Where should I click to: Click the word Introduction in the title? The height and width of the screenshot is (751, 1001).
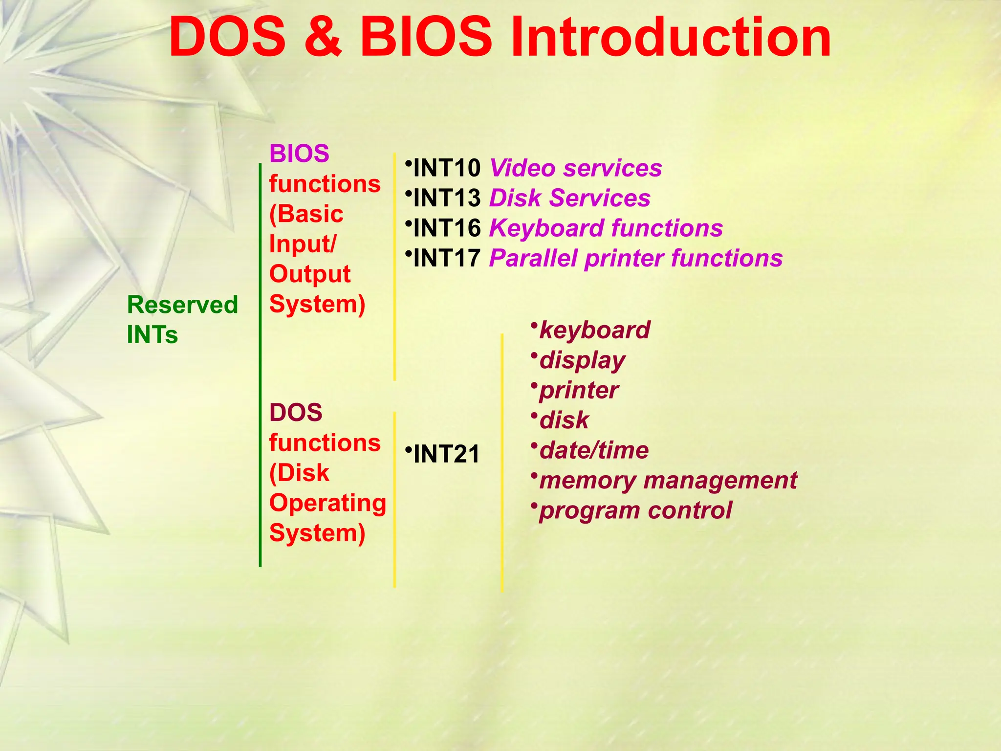click(x=670, y=38)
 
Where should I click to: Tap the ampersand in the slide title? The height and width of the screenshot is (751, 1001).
click(x=323, y=38)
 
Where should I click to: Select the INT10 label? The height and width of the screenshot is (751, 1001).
click(x=447, y=168)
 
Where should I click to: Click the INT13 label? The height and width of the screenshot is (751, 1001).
click(x=447, y=199)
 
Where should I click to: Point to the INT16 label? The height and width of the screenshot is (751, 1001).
click(x=447, y=228)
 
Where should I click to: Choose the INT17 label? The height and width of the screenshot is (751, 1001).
click(x=447, y=259)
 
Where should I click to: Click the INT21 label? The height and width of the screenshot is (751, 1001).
click(x=446, y=454)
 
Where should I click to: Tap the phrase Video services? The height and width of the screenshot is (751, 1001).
click(x=575, y=168)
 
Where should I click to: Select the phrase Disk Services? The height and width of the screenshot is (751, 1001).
click(x=569, y=199)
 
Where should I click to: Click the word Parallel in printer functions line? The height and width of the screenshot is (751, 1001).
click(x=533, y=259)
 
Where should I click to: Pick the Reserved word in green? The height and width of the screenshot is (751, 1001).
click(x=182, y=305)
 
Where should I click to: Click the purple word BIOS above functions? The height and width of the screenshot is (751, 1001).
click(x=299, y=154)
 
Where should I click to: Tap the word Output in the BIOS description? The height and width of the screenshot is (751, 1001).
click(x=309, y=274)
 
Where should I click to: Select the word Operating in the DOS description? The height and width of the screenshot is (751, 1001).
click(x=327, y=503)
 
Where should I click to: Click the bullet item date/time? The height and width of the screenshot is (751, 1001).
click(x=593, y=450)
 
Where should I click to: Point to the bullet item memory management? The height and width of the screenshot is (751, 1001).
click(x=668, y=481)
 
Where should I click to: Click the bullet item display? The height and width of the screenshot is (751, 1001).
click(x=582, y=361)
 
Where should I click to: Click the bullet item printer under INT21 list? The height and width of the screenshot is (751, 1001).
click(x=578, y=391)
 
